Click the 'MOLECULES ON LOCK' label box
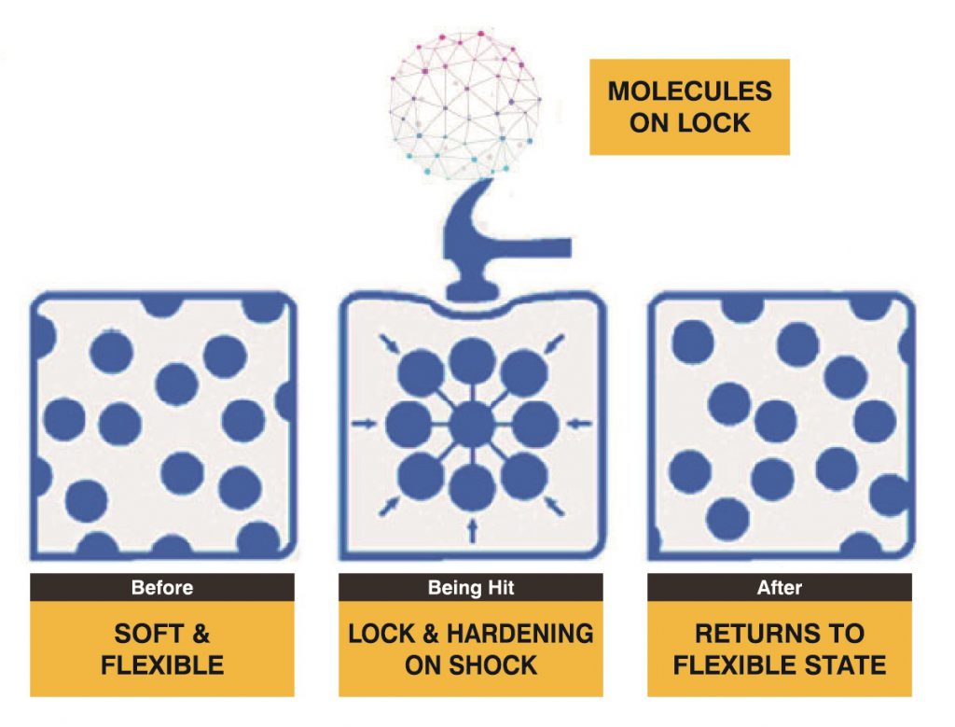(x=689, y=106)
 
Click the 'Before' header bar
(x=162, y=587)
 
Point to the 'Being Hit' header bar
(x=471, y=587)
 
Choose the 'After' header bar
(x=780, y=587)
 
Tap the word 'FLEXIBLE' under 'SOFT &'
(x=162, y=664)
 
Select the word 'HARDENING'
(x=519, y=634)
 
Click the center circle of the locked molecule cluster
(x=471, y=425)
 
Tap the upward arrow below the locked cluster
(x=471, y=530)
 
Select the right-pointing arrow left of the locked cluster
(x=365, y=424)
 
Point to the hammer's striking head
(x=470, y=289)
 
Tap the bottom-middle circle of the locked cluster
(x=471, y=487)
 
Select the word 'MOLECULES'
(x=689, y=91)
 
